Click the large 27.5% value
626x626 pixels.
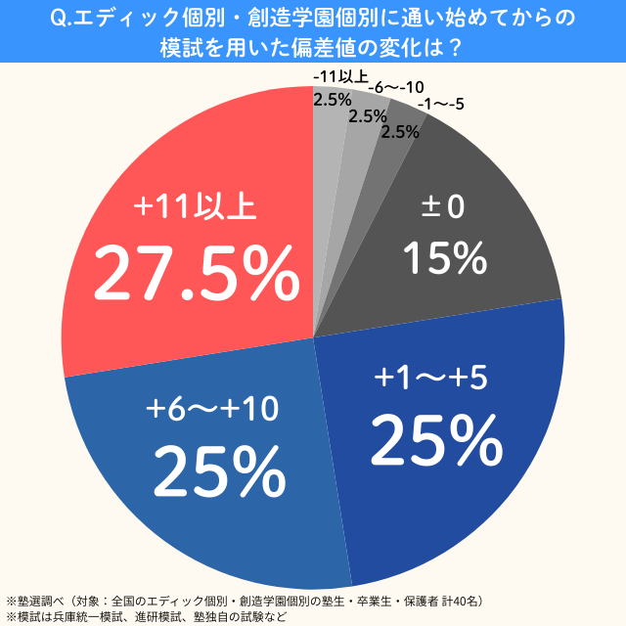click(x=196, y=276)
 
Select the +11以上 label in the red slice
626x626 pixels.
click(x=196, y=209)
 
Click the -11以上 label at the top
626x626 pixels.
click(x=339, y=77)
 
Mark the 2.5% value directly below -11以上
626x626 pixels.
click(x=332, y=99)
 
